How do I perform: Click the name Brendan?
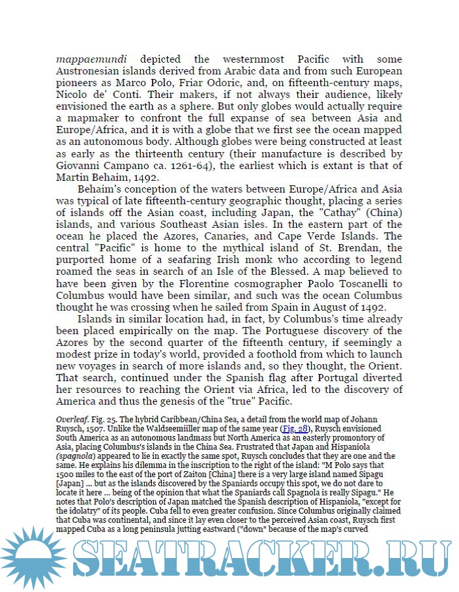point(374,248)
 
